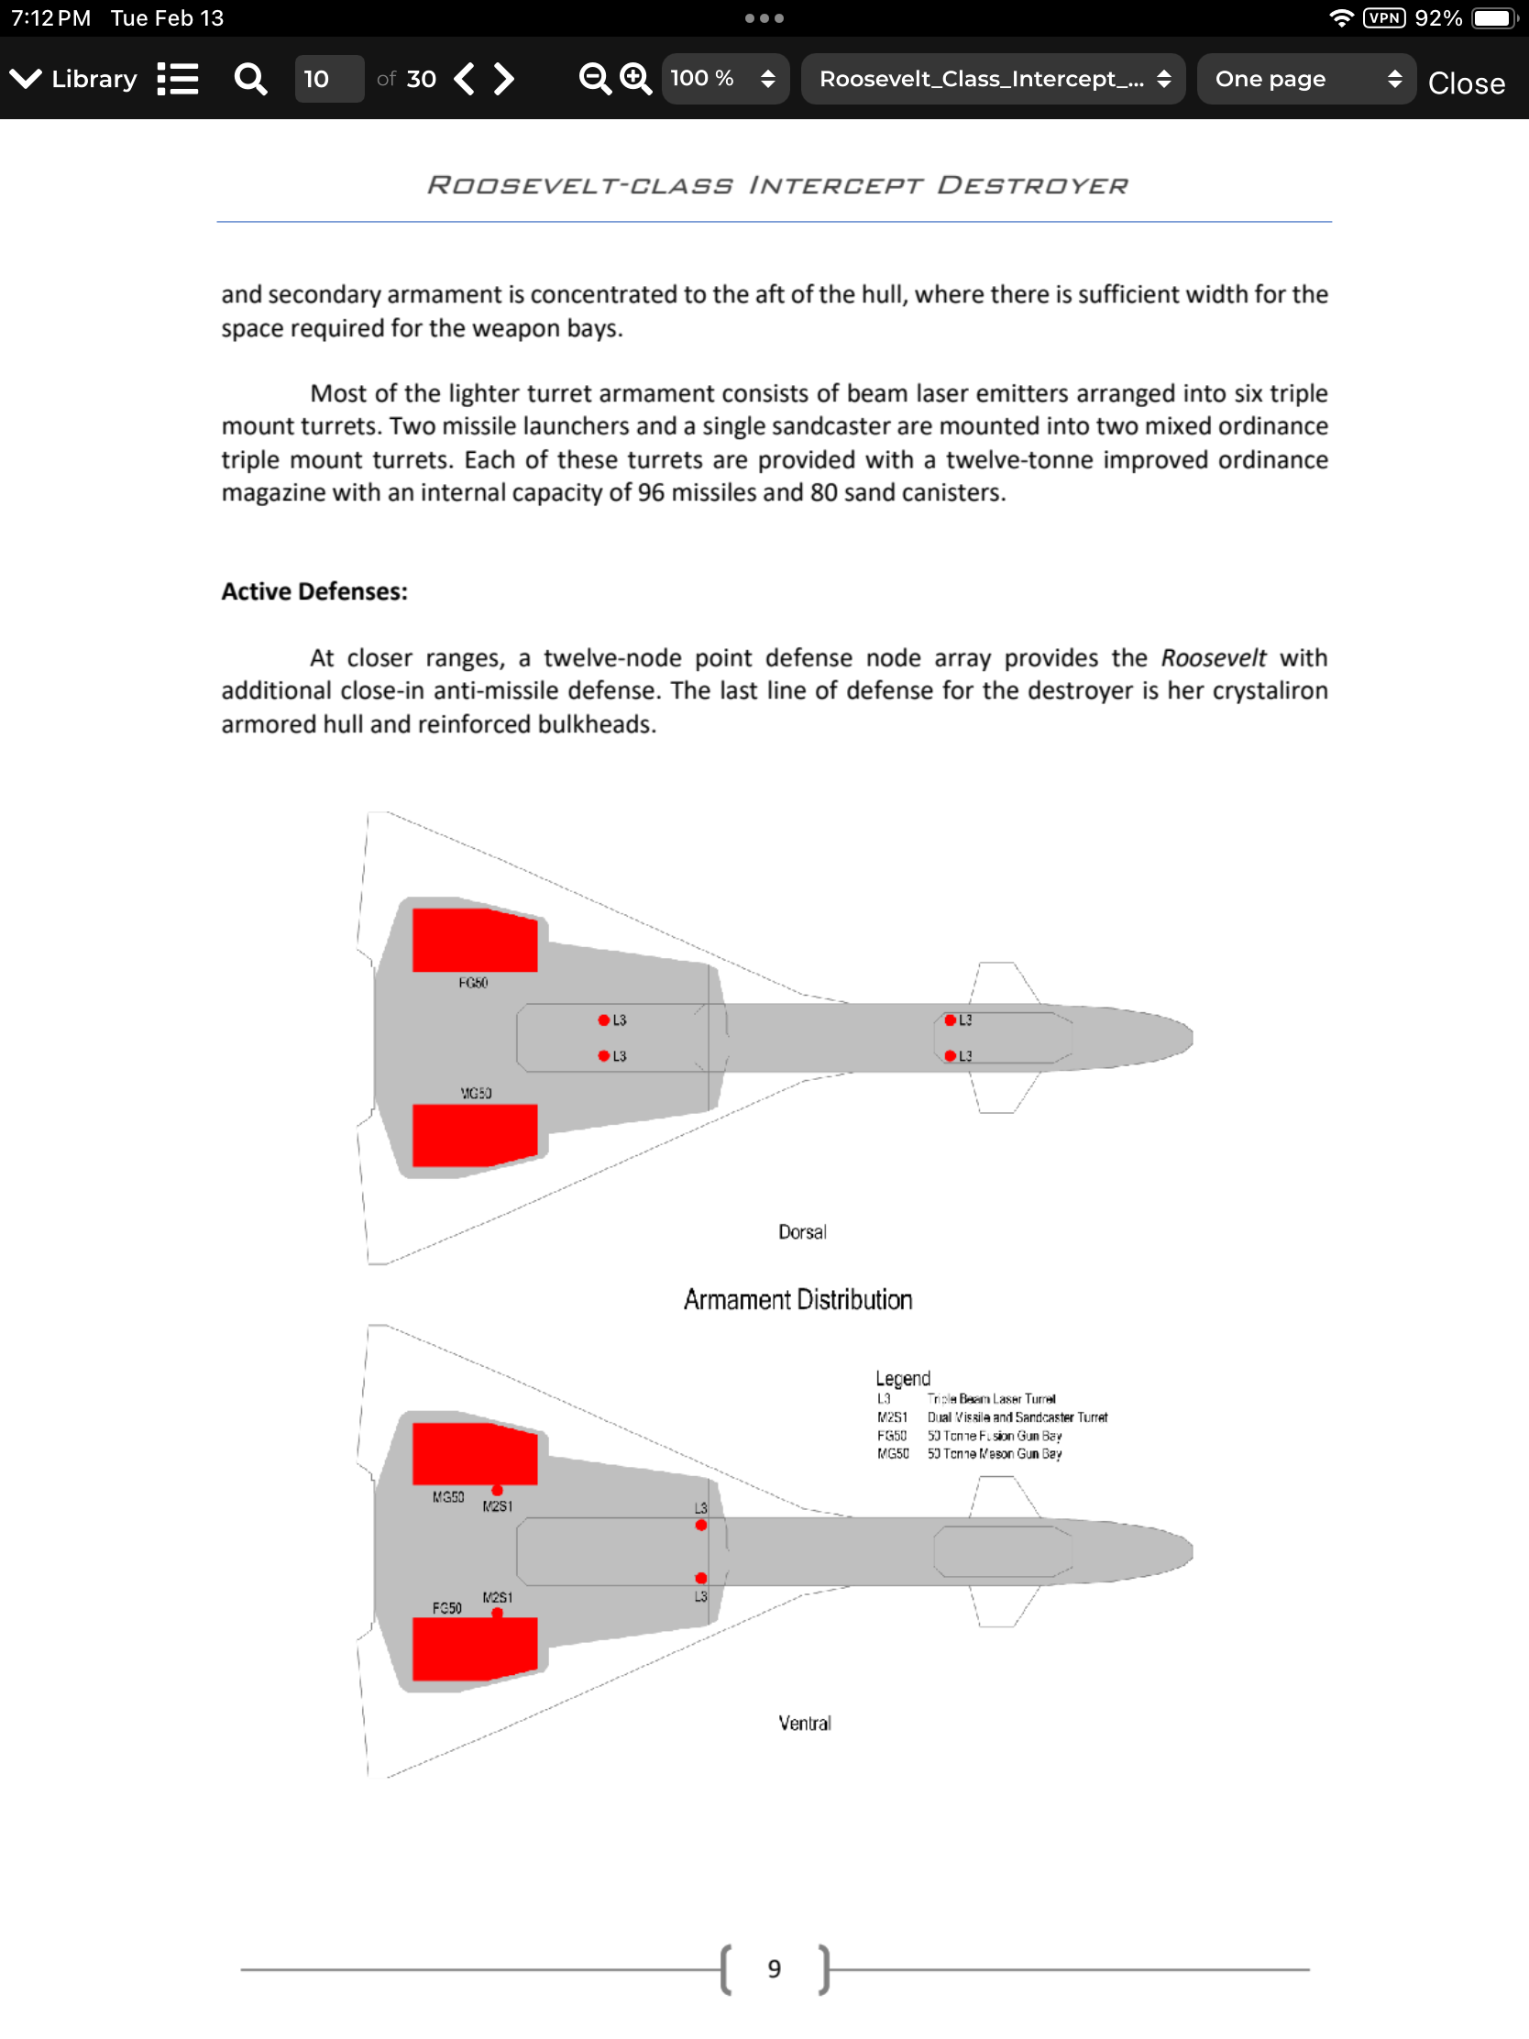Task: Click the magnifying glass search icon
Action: (x=249, y=79)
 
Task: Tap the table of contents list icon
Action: (x=178, y=79)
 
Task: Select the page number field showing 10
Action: (x=328, y=79)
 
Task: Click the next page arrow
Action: (x=504, y=79)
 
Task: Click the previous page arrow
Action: (x=466, y=79)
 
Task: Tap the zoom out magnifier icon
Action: (x=594, y=79)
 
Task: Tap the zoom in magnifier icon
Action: (x=635, y=79)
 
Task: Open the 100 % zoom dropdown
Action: (x=724, y=79)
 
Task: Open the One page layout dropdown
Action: (x=1305, y=79)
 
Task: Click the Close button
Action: (x=1466, y=83)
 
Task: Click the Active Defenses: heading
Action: (x=314, y=591)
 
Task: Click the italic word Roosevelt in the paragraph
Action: (x=1213, y=658)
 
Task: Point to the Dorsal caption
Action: (x=802, y=1232)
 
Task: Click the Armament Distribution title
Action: (x=798, y=1300)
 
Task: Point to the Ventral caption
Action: (x=805, y=1724)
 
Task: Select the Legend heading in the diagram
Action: (x=902, y=1378)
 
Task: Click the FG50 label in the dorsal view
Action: (x=473, y=984)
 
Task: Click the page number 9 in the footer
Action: (x=775, y=1969)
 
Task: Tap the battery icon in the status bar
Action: (x=1493, y=18)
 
